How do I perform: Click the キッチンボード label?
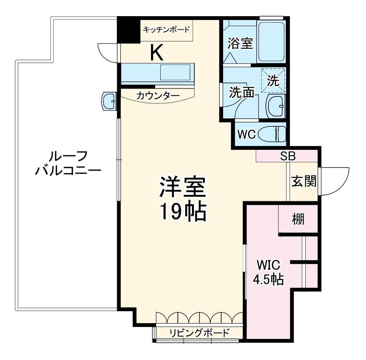coord(166,29)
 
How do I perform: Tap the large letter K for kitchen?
coord(157,53)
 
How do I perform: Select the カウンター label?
coord(157,96)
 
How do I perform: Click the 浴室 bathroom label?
coord(240,43)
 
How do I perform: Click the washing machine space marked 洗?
coord(273,81)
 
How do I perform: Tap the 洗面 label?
coord(242,92)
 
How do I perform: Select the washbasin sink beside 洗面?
coord(275,106)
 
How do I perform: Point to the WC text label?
coord(246,134)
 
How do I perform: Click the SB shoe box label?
coord(288,156)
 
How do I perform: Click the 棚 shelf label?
coord(298,219)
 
